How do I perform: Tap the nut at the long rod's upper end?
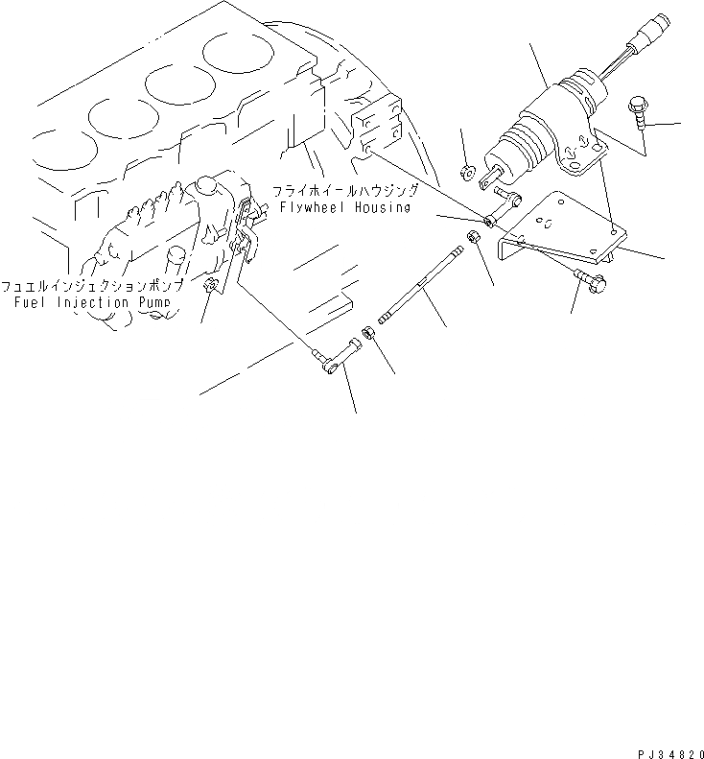tap(473, 237)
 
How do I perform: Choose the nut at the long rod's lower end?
tap(366, 336)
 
